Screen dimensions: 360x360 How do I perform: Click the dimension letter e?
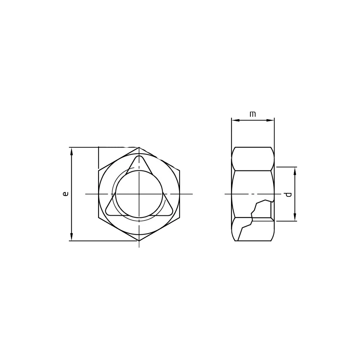tap(66, 194)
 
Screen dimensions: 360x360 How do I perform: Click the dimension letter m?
tap(253, 114)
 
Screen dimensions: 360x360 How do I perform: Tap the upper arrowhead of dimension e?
tap(72, 151)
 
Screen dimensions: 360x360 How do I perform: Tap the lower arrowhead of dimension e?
tap(72, 237)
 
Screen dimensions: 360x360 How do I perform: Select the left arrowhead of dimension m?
tap(236, 120)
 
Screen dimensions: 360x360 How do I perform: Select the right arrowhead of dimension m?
tap(270, 120)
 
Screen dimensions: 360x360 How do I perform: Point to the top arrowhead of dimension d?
tap(295, 171)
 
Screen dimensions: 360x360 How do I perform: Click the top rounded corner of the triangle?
tap(139, 157)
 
